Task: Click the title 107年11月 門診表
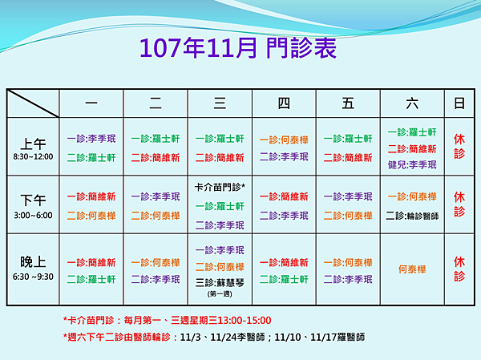(238, 48)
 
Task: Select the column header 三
(220, 103)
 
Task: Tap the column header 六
(412, 103)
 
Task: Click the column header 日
(459, 103)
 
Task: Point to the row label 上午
(33, 144)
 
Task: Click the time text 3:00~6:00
(33, 215)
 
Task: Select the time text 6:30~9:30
(33, 277)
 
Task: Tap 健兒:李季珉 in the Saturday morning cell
(412, 165)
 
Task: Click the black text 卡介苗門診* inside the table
(220, 187)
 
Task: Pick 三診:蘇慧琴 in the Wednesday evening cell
(220, 283)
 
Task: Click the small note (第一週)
(220, 294)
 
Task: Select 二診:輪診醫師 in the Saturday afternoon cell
(412, 216)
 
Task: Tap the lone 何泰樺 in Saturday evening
(412, 269)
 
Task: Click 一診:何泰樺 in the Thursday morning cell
(284, 140)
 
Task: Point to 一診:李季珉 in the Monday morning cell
(91, 139)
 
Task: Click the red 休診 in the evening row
(459, 269)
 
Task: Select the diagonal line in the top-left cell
(33, 103)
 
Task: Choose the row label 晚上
(33, 262)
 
